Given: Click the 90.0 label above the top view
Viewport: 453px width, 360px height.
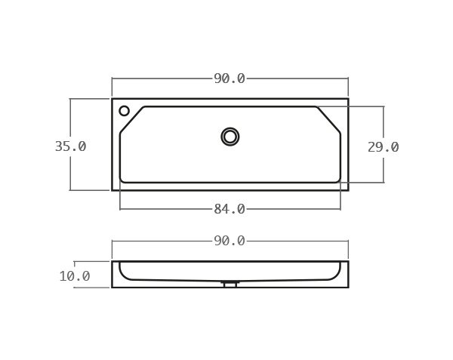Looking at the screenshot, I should pyautogui.click(x=230, y=78).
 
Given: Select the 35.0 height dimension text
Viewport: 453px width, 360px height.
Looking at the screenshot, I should pyautogui.click(x=70, y=146).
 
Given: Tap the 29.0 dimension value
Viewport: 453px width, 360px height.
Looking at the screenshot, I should pyautogui.click(x=384, y=147).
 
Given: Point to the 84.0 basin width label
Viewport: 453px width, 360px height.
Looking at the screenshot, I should pyautogui.click(x=230, y=209).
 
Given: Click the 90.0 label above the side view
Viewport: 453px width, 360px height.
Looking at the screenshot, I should pyautogui.click(x=230, y=241).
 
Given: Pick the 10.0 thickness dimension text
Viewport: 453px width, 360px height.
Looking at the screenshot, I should pyautogui.click(x=75, y=276).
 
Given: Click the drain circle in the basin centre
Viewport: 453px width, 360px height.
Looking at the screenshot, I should pyautogui.click(x=230, y=137).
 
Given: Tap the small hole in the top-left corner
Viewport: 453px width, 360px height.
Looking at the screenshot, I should pyautogui.click(x=125, y=111).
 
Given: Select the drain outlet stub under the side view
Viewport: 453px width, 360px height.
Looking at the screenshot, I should pyautogui.click(x=230, y=285).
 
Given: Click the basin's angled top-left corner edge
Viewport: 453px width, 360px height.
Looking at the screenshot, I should pyautogui.click(x=131, y=119).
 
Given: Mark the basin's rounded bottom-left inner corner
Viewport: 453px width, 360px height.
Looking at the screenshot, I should pyautogui.click(x=122, y=180).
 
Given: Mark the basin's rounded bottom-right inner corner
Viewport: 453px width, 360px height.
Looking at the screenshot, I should pyautogui.click(x=338, y=180).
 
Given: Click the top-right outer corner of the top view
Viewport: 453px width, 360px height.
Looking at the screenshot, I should pyautogui.click(x=348, y=99).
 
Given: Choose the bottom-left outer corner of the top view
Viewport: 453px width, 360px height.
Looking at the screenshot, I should pyautogui.click(x=112, y=190).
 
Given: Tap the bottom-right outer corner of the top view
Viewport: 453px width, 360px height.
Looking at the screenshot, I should pyautogui.click(x=348, y=190).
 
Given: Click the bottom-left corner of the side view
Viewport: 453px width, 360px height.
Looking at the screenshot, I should pyautogui.click(x=112, y=288).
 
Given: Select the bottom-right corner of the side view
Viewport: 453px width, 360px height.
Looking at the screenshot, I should pyautogui.click(x=348, y=288).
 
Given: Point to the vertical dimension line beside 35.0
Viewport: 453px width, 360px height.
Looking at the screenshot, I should pyautogui.click(x=70, y=121).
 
